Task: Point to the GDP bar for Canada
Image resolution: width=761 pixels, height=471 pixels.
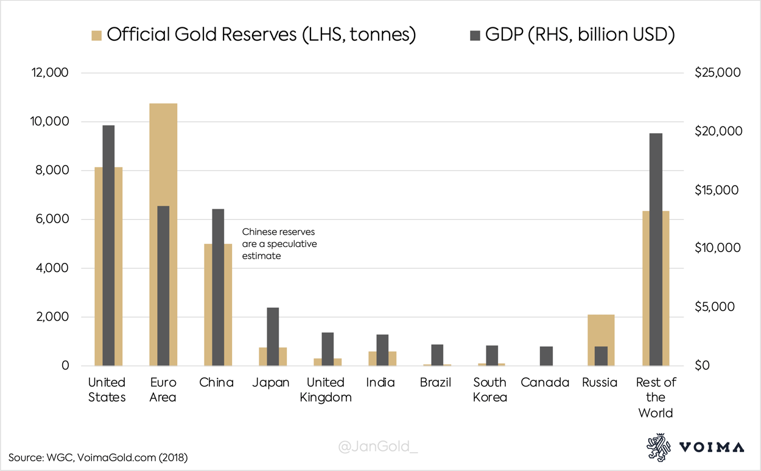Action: pos(546,356)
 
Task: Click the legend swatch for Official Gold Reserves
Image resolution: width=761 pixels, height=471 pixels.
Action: pos(96,35)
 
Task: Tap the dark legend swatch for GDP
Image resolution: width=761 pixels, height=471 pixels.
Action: pos(474,35)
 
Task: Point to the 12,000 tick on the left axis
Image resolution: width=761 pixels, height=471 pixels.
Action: pos(51,73)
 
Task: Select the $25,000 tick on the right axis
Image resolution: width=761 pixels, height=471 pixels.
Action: pos(717,73)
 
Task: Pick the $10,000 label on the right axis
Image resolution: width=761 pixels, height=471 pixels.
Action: pos(717,248)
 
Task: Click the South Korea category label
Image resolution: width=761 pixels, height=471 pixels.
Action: pos(490,389)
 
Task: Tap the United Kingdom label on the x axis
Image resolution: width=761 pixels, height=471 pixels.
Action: pos(326,389)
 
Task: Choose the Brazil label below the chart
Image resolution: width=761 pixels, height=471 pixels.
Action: pos(435,383)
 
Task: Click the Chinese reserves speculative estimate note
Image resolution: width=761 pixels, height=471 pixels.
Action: pos(279,244)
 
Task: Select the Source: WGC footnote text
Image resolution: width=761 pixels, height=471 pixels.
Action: pos(98,456)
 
